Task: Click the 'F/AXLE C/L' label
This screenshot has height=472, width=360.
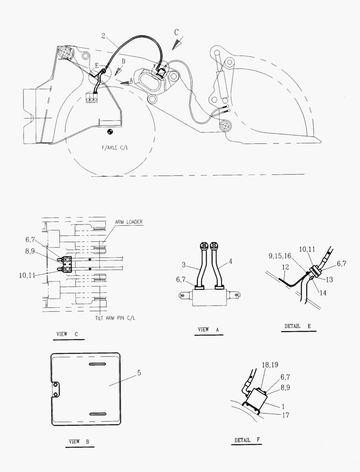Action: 115,148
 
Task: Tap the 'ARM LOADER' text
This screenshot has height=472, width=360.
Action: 129,222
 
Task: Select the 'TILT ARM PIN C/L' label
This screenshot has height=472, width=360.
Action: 115,318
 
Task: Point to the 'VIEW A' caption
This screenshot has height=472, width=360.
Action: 208,330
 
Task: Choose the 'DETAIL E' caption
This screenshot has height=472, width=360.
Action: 298,326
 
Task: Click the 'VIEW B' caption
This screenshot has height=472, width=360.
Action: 79,441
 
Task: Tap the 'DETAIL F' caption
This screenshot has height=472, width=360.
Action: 247,440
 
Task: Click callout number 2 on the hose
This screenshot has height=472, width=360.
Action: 103,36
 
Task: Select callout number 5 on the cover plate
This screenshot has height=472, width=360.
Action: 139,373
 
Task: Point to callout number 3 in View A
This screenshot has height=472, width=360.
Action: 183,265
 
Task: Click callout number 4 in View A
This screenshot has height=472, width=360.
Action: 231,261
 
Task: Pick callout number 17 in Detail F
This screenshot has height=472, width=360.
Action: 286,415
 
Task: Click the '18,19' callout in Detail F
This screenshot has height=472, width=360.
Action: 270,365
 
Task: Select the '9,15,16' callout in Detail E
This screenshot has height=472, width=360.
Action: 280,256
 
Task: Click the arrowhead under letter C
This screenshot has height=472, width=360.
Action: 177,44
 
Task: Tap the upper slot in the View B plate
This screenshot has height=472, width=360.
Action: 97,364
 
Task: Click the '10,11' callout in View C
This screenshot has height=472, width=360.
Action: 27,275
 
